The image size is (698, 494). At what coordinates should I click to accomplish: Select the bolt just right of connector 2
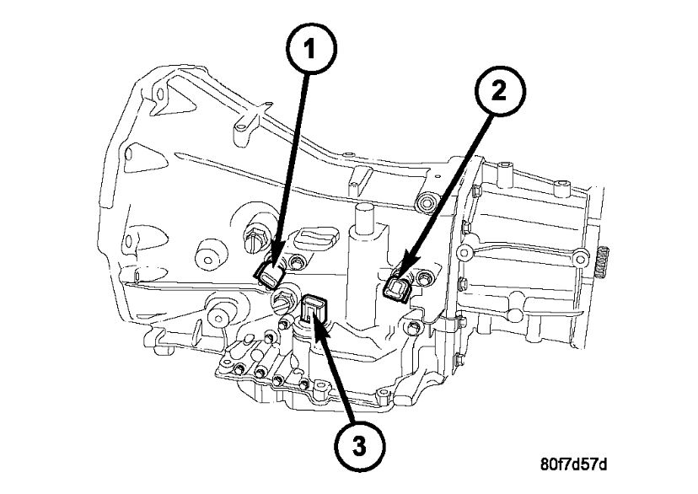pyautogui.click(x=419, y=279)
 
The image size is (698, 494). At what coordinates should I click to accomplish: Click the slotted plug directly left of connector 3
pyautogui.click(x=280, y=302)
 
